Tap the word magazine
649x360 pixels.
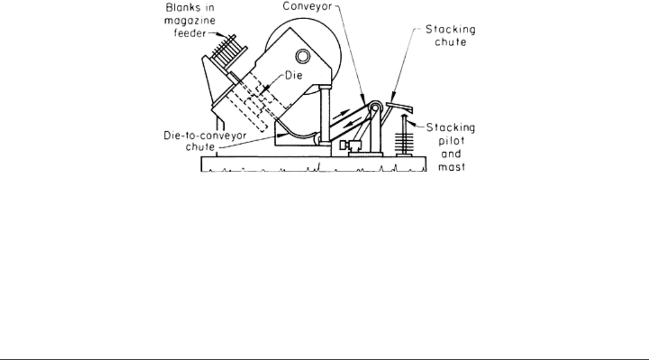[x=190, y=21]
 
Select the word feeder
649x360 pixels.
[x=190, y=33]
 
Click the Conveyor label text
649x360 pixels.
[x=307, y=6]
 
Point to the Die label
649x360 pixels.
[x=294, y=75]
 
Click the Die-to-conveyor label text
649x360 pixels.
[x=205, y=136]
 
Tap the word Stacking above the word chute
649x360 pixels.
[x=451, y=30]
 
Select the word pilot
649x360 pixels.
[x=452, y=141]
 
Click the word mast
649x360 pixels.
[x=452, y=167]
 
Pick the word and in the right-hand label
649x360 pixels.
[x=451, y=154]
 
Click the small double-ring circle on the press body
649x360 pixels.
[x=303, y=56]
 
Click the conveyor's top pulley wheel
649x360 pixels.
[x=375, y=108]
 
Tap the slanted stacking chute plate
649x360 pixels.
[x=400, y=107]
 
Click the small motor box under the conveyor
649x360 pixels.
[x=351, y=146]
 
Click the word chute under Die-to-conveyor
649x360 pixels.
[x=200, y=147]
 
